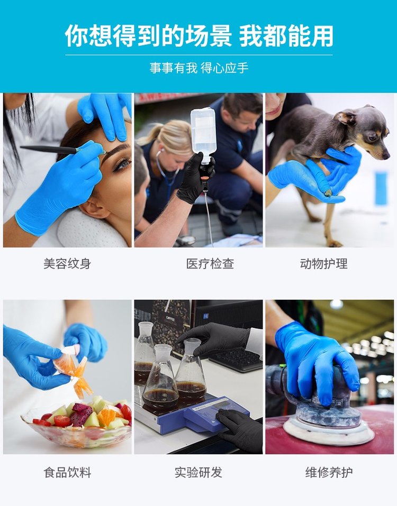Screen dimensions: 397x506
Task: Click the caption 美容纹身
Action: click(x=67, y=264)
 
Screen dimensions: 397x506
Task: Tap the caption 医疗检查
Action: click(x=210, y=264)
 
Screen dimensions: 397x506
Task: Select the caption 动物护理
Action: click(x=323, y=264)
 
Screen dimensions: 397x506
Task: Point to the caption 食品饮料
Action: click(x=67, y=473)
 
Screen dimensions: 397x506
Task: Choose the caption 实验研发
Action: click(x=198, y=473)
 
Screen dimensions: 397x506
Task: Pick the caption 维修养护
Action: click(x=329, y=473)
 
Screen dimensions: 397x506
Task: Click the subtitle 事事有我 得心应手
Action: click(x=198, y=68)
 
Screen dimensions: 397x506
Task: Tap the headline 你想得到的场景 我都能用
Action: click(x=198, y=35)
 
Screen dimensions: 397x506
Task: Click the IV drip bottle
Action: click(x=203, y=135)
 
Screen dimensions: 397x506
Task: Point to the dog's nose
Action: click(x=386, y=156)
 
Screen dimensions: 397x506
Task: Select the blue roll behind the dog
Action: click(x=381, y=188)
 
